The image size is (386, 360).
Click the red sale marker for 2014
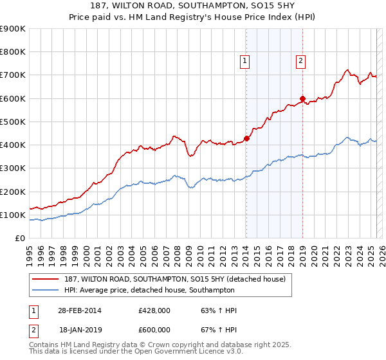(x=246, y=139)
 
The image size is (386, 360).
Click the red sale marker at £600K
(x=302, y=98)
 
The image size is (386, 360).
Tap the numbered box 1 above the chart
(x=245, y=62)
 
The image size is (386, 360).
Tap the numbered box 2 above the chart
(x=300, y=62)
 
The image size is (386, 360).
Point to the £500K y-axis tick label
(x=13, y=122)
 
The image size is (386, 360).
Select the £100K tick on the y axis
(x=13, y=215)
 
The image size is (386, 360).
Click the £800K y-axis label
(x=13, y=52)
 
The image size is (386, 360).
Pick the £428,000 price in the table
(x=154, y=310)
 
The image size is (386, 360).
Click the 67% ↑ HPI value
(x=219, y=329)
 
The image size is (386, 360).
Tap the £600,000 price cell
(x=154, y=329)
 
